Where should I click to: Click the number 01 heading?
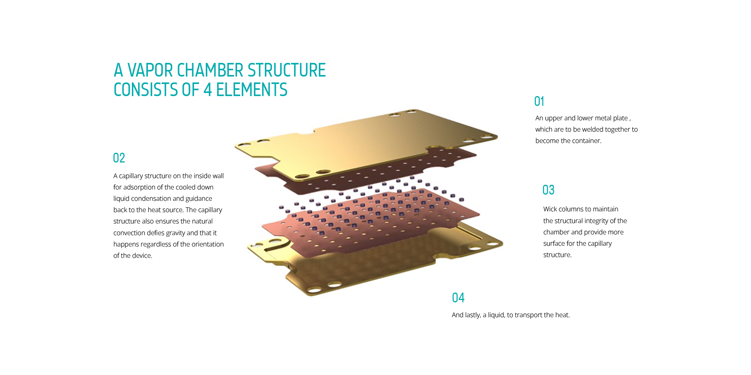(539, 101)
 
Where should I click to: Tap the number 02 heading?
(119, 158)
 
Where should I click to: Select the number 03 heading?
(548, 190)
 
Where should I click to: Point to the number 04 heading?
(458, 298)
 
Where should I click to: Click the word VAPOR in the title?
(150, 70)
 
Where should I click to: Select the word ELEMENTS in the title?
(252, 90)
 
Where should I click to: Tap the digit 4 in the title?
(208, 90)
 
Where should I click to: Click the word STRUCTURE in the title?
(287, 70)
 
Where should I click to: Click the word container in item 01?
(587, 141)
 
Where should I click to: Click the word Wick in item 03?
(550, 209)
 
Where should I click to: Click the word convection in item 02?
(129, 233)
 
